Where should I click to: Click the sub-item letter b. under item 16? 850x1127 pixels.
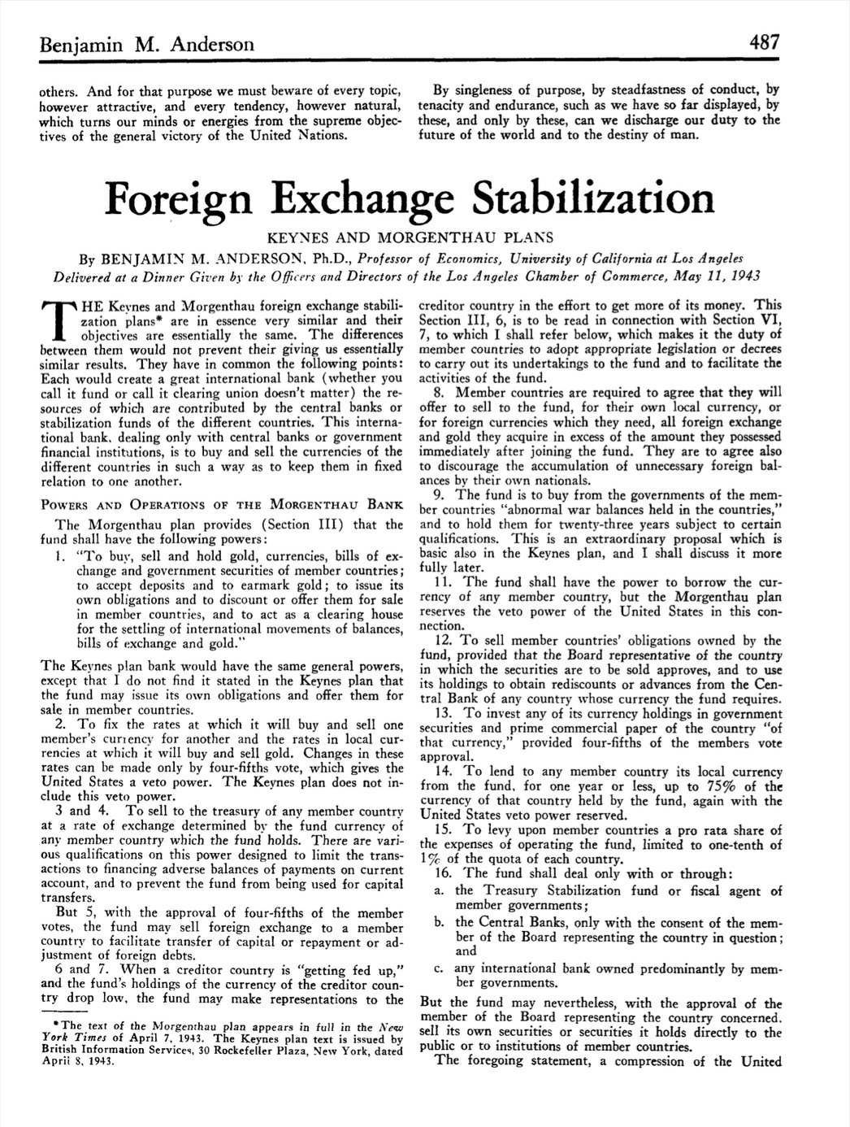tap(439, 922)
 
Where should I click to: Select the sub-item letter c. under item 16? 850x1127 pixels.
tap(439, 968)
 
